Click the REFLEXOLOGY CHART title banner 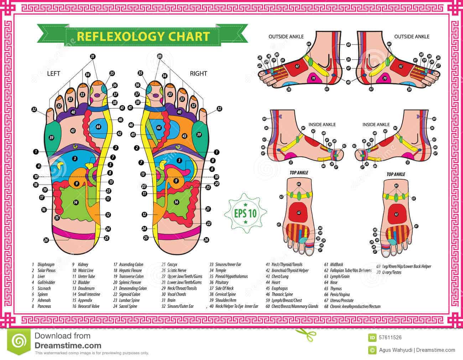tap(143, 36)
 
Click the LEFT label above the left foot tap(53, 74)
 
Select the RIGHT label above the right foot tap(198, 74)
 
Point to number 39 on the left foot tap(51, 138)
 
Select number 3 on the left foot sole tap(74, 158)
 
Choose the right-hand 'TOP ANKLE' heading tap(396, 174)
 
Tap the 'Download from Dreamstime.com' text tap(68, 340)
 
